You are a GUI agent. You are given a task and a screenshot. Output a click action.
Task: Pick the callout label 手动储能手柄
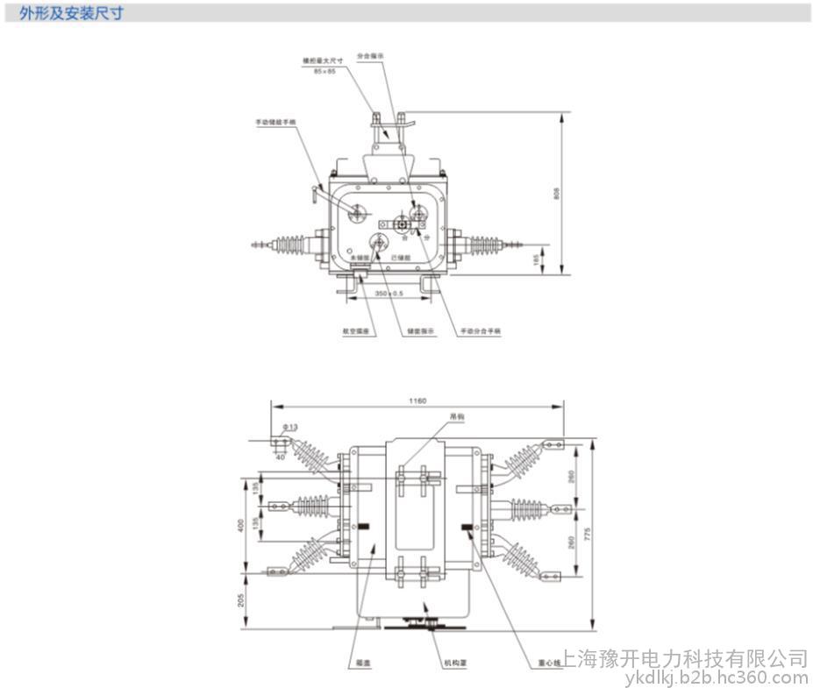(x=272, y=123)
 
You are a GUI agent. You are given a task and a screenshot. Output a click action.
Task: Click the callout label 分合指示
(x=370, y=55)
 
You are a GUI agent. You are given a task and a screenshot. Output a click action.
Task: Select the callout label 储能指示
(x=417, y=332)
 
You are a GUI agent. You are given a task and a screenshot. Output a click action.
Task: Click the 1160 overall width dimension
(x=417, y=401)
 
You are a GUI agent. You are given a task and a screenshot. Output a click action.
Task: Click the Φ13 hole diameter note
(x=290, y=427)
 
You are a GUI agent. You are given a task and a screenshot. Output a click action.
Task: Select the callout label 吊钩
(x=455, y=417)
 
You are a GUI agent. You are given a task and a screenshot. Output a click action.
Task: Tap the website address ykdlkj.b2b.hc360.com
(x=716, y=677)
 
